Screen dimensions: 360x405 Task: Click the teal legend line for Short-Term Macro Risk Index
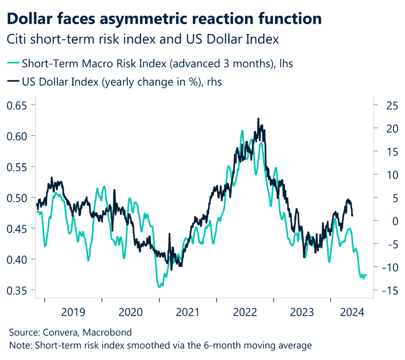tap(13, 63)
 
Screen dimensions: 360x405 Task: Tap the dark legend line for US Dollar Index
tap(13, 82)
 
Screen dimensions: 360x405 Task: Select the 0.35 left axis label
tap(18, 290)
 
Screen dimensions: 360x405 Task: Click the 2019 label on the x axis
tap(73, 313)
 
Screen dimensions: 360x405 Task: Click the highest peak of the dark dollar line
tap(258, 118)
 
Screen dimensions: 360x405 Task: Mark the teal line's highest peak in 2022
tap(242, 131)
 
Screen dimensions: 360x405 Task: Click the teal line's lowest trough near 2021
tap(159, 287)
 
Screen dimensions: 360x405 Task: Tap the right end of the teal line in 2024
tap(367, 275)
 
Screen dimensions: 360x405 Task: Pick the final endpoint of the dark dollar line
tap(352, 216)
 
